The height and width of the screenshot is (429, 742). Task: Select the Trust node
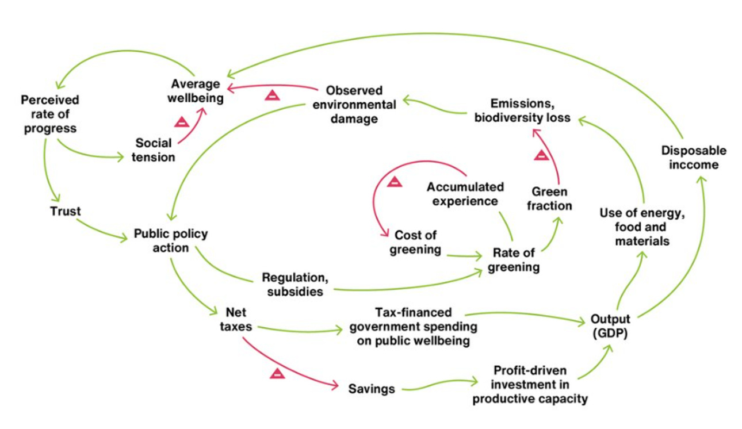[x=65, y=211]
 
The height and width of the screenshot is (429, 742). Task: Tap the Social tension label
[x=154, y=150]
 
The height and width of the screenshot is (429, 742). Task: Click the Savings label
[x=372, y=389]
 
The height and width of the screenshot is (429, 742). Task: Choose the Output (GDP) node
[x=610, y=326]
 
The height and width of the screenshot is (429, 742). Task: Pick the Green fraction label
[x=549, y=198]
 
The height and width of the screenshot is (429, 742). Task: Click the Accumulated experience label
[x=465, y=194]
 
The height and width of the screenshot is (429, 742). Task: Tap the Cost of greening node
[x=415, y=242]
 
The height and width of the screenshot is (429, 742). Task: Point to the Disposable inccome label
[x=693, y=158]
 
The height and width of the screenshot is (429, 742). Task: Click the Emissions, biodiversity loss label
[x=530, y=110]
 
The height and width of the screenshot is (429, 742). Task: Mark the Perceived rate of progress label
[x=50, y=114]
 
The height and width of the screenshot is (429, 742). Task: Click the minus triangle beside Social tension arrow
[x=182, y=122]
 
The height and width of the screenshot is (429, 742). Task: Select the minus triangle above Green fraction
[x=541, y=155]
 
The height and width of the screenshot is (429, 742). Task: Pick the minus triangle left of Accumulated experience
[x=395, y=182]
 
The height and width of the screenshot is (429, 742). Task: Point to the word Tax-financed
[x=413, y=312]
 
